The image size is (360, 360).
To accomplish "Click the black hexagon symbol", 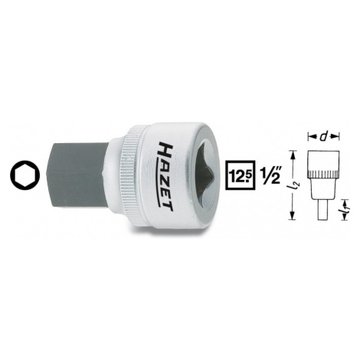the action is tap(25, 175).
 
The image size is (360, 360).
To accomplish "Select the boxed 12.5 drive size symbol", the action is tap(240, 175).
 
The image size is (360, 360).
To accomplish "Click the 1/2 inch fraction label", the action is tap(270, 175).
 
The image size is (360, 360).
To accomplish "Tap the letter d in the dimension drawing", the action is tap(323, 137).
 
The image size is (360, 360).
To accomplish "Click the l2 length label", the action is tap(297, 187).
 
